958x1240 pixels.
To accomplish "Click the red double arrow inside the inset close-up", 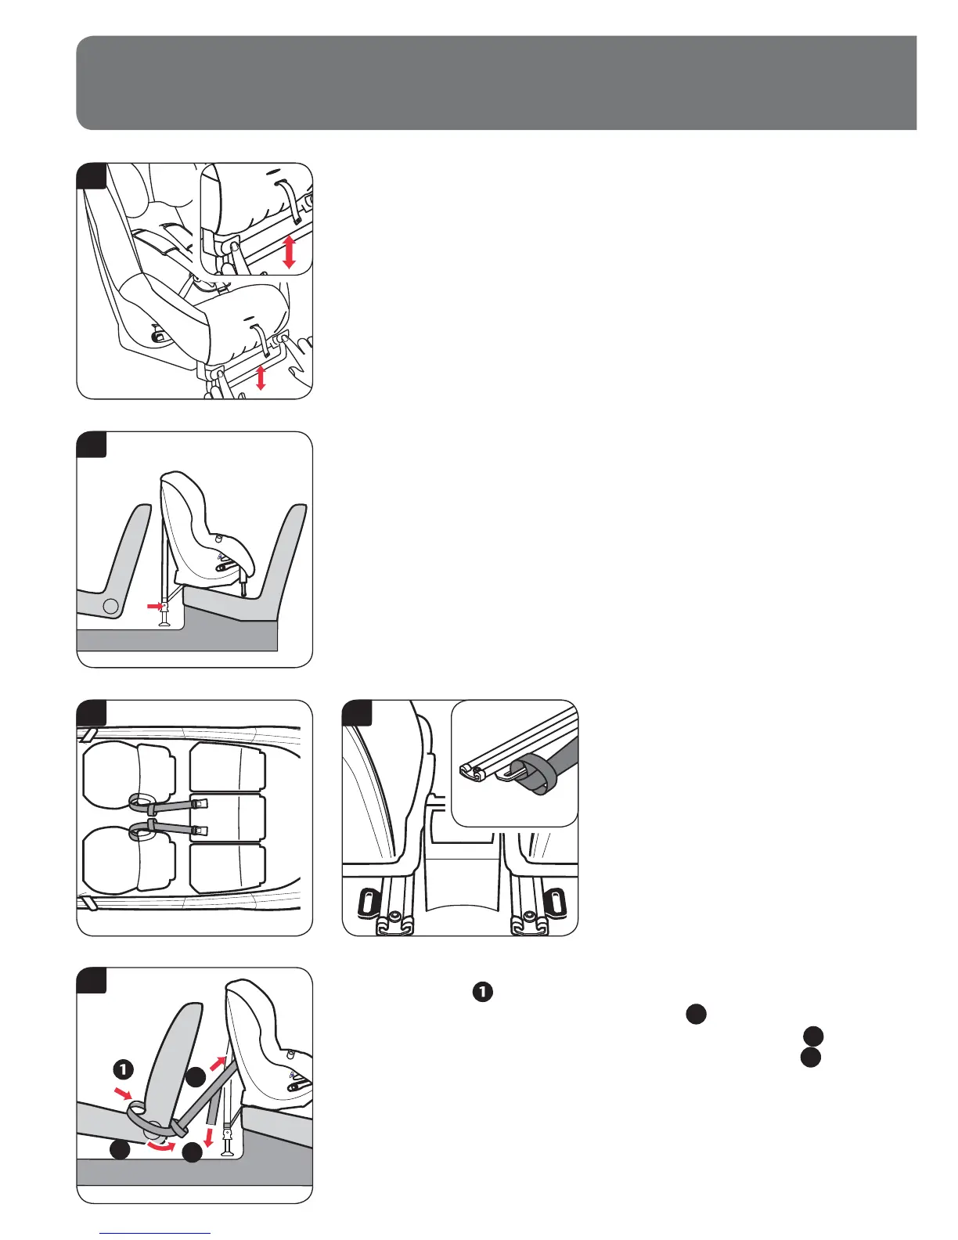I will (289, 251).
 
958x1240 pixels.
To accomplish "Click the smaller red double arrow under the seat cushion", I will (261, 377).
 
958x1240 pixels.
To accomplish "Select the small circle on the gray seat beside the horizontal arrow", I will (112, 605).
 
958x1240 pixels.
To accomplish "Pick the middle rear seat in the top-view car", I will (228, 817).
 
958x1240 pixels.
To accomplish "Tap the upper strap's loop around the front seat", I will (142, 802).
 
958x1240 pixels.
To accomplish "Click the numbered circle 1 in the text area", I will (483, 992).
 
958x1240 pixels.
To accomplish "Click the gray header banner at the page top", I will (496, 82).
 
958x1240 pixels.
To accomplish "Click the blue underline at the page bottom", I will (156, 1233).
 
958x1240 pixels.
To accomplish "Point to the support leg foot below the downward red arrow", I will (228, 1148).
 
